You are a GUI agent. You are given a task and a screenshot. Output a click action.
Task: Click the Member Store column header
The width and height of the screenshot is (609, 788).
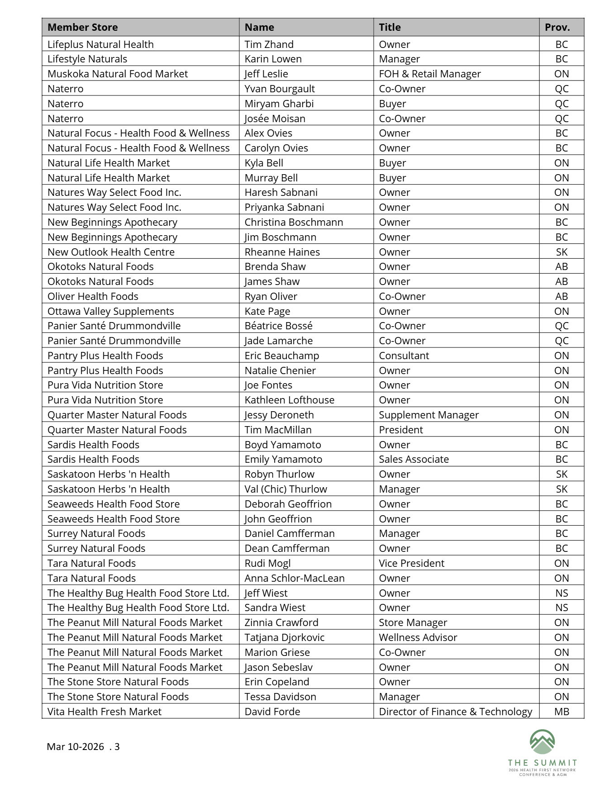coord(82,27)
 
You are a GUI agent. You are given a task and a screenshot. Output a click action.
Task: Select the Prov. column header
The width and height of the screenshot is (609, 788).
coord(557,27)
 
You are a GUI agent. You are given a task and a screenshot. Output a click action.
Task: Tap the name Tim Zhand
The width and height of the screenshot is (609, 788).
coord(269,44)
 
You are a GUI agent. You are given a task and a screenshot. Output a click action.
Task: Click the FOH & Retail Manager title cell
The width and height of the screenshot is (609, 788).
coord(429,74)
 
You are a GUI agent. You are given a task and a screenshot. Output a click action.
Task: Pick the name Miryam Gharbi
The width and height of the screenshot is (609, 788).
coord(279,104)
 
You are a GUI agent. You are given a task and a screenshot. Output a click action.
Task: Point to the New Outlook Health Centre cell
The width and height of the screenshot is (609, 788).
coord(111,252)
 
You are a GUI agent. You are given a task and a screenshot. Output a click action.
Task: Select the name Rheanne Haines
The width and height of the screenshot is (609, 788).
coord(282,252)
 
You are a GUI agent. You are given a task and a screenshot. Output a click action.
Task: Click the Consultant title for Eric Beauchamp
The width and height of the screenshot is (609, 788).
coord(404,356)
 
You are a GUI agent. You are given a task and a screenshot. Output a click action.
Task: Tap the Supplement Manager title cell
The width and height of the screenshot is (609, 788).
coord(428,415)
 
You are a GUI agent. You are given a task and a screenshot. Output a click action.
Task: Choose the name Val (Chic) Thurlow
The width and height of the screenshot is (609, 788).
coord(285,489)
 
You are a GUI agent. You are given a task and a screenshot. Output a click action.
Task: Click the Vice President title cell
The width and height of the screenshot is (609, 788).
coord(411,563)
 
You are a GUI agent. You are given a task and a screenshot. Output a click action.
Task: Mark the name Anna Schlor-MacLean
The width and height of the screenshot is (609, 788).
coord(294,578)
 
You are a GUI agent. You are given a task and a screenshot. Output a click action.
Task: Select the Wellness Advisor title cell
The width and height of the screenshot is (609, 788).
coord(418,637)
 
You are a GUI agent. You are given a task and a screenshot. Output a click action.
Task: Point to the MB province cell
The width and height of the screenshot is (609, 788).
coord(561,712)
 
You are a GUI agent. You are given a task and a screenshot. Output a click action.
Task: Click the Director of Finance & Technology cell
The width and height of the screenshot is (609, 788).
coord(455,712)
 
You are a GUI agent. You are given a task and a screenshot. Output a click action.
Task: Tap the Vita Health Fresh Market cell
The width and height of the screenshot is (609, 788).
coord(104,712)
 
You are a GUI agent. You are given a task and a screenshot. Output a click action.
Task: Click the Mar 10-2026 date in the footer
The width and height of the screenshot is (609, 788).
coord(75,746)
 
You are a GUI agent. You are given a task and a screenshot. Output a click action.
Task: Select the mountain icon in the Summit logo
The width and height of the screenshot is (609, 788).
coord(542,742)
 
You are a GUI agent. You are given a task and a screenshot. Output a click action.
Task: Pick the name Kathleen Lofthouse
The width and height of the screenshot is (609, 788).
coord(289,400)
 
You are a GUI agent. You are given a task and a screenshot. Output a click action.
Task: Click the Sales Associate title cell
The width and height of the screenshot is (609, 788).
coord(414,459)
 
